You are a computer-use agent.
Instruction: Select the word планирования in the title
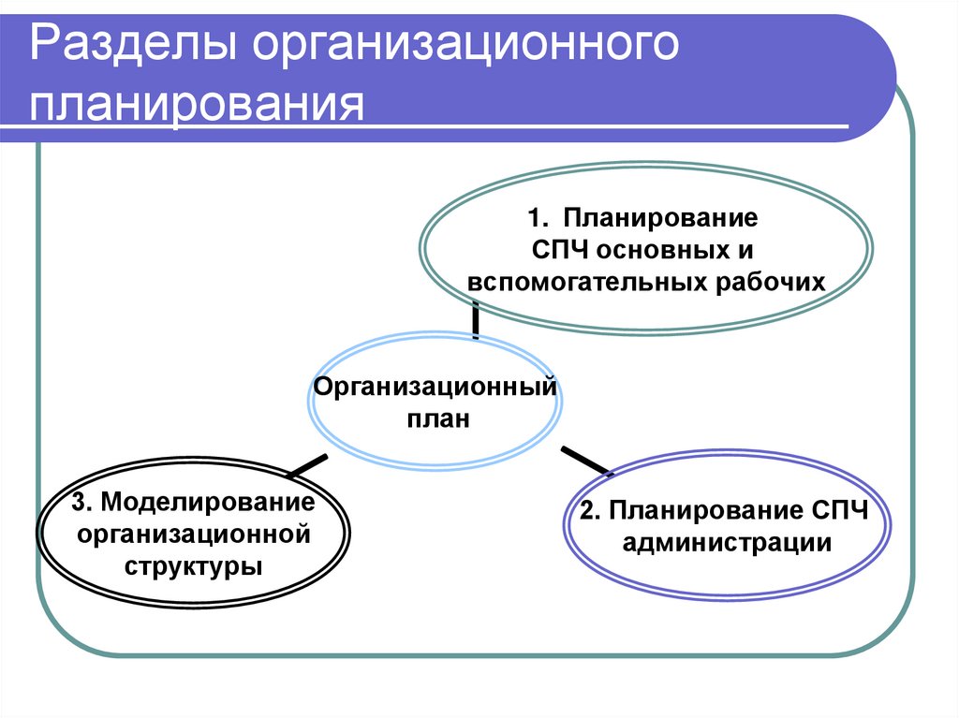click(x=196, y=104)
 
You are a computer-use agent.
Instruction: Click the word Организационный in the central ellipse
click(x=435, y=387)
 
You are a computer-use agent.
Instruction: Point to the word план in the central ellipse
click(x=436, y=418)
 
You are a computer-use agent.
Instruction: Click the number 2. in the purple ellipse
click(x=590, y=511)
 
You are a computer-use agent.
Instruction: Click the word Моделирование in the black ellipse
click(x=207, y=502)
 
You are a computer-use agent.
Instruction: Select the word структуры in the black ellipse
click(x=194, y=566)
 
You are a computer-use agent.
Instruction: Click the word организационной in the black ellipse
click(x=194, y=535)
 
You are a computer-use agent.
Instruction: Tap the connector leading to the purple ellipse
click(x=584, y=460)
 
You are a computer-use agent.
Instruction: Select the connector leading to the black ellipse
click(x=308, y=464)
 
